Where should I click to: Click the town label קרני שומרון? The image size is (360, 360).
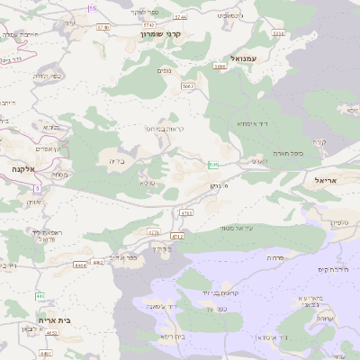pyautogui.click(x=162, y=33)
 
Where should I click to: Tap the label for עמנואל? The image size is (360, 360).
pyautogui.click(x=244, y=58)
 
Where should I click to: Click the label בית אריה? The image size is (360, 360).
pyautogui.click(x=54, y=319)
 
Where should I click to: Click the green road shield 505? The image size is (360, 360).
pyautogui.click(x=212, y=165)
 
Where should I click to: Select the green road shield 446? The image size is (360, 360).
pyautogui.click(x=40, y=295)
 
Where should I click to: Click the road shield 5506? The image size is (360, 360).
pyautogui.click(x=278, y=33)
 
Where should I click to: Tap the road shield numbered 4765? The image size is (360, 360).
pyautogui.click(x=186, y=213)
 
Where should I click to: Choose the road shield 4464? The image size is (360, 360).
pyautogui.click(x=81, y=265)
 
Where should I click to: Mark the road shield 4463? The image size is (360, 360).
pyautogui.click(x=50, y=333)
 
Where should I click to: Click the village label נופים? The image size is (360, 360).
pyautogui.click(x=165, y=70)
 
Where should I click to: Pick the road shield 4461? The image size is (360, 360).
pyautogui.click(x=46, y=353)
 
